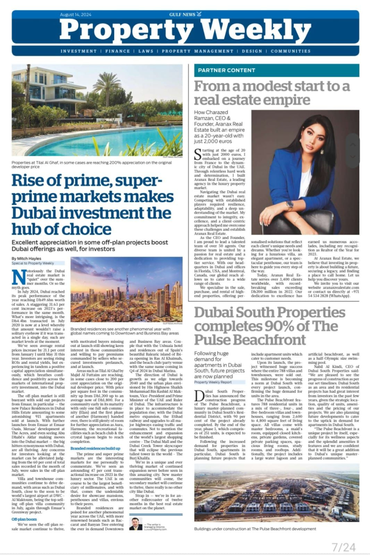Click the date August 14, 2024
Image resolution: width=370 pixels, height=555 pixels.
coord(76,15)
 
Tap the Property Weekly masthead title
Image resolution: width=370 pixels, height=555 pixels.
coord(185,30)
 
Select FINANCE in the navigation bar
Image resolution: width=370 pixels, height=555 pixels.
coord(118,51)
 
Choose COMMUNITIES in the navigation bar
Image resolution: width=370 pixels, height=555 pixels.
coord(291,51)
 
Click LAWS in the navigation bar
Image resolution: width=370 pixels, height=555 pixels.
coord(146,51)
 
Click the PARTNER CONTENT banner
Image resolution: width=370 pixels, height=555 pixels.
coord(226,70)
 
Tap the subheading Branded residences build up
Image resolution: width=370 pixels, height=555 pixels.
coord(95,448)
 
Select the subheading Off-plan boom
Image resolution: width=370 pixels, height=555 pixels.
coord(24,519)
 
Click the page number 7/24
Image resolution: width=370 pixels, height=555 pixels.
coord(343,547)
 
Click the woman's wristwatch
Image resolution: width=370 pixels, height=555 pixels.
coord(290,204)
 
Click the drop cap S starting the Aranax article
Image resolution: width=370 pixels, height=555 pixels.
coord(197,154)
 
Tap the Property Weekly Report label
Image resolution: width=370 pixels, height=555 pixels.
coord(213,382)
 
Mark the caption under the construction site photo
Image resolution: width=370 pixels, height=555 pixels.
coord(255,529)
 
